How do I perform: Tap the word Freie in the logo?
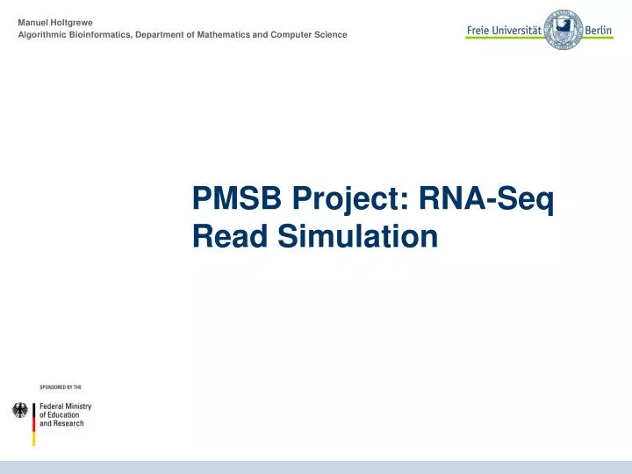(479, 30)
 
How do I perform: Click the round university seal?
(563, 29)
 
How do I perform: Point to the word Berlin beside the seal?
(600, 30)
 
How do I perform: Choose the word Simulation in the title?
(358, 237)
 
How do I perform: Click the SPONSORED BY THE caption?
(61, 386)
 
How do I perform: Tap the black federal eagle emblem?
(20, 410)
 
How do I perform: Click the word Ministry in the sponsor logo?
(77, 407)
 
